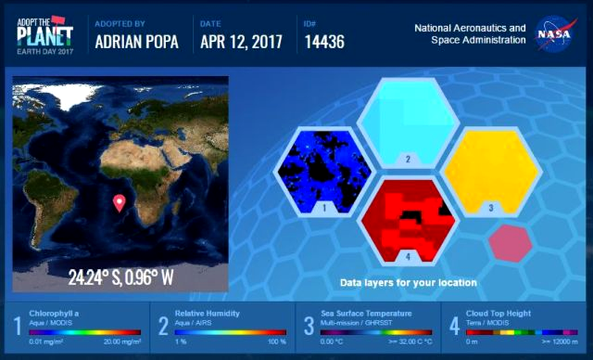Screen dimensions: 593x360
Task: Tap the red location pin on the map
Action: (119, 203)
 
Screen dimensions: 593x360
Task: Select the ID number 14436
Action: (324, 42)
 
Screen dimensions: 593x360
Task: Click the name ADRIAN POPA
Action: (137, 42)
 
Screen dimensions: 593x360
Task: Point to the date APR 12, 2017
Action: (241, 42)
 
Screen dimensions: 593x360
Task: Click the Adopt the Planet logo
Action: (45, 35)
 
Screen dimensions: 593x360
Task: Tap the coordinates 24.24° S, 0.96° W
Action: (121, 277)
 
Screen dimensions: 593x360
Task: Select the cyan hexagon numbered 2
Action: (408, 123)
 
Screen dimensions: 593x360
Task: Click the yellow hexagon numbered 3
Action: (491, 172)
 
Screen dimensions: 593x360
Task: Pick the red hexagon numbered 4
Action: (408, 221)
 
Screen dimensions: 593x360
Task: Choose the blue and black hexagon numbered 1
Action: (324, 172)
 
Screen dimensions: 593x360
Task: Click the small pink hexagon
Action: (510, 243)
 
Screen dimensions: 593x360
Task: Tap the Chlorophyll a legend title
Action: (54, 313)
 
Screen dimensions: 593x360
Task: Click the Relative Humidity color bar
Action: (230, 332)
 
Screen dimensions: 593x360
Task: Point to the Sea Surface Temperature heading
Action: (366, 313)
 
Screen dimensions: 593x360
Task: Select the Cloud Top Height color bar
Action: (522, 332)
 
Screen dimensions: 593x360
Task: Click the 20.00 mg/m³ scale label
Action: (122, 342)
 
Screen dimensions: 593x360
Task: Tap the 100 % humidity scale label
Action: (277, 342)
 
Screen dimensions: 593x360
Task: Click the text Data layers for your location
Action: (409, 282)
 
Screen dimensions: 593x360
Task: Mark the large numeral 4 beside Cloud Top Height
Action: (455, 326)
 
